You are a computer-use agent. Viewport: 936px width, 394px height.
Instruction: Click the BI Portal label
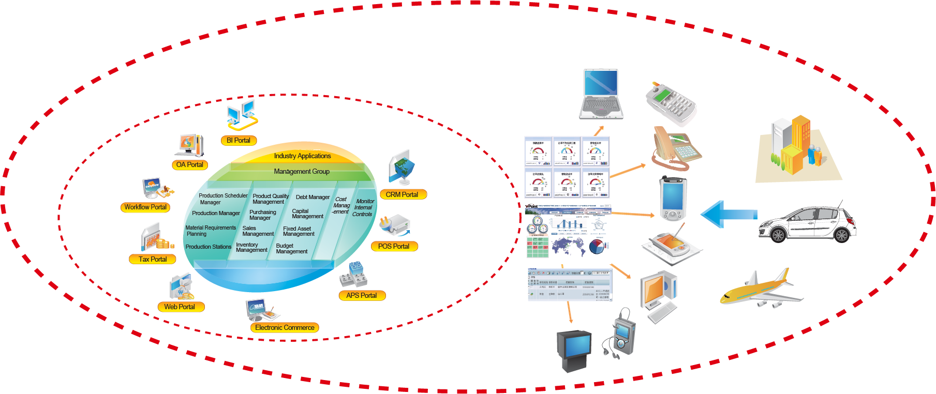pos(239,140)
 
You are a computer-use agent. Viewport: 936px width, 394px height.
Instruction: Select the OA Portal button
pos(189,165)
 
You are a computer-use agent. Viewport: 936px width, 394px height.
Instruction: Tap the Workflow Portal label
pos(145,207)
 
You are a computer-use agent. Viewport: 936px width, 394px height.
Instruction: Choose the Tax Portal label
pos(153,259)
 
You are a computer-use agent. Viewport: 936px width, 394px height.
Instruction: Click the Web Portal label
pos(180,307)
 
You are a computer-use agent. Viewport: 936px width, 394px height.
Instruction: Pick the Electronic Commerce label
pos(285,327)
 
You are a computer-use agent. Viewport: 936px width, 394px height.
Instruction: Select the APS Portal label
pos(362,295)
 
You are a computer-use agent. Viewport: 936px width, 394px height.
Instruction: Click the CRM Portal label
pos(402,194)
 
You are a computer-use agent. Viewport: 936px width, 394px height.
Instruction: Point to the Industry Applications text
pos(302,156)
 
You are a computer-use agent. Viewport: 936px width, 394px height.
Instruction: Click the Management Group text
pos(302,171)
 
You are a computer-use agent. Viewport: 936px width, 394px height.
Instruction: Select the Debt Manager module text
pos(313,197)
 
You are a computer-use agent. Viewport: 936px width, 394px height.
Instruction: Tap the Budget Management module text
pos(292,249)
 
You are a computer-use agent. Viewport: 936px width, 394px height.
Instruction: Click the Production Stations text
pos(209,247)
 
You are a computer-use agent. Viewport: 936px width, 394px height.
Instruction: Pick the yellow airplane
pos(761,290)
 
